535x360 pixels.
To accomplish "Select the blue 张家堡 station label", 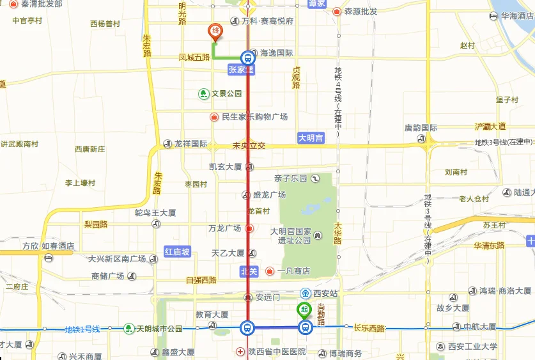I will pos(241,69).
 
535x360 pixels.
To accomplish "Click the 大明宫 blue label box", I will pos(311,137).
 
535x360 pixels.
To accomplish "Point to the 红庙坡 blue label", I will pos(177,252).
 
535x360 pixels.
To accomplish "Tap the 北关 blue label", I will pos(248,272).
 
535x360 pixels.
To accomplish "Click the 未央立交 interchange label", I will pos(249,146).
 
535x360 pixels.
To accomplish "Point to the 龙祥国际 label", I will pos(190,144).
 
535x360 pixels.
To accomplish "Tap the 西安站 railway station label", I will pos(324,293).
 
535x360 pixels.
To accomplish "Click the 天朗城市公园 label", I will pos(159,329).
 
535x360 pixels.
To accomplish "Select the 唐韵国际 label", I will pos(420,128).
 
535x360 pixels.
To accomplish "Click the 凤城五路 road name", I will pos(194,58).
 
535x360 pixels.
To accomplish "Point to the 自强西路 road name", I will pos(201,280).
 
